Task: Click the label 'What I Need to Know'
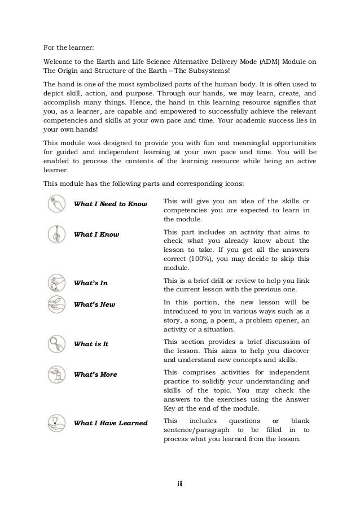[111, 203]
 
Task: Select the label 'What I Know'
[96, 234]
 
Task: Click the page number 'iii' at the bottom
[180, 483]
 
